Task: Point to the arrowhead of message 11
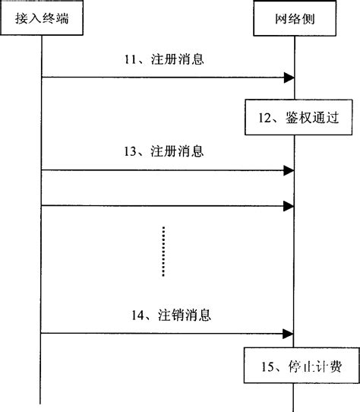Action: (289, 77)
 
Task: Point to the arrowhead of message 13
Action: (289, 171)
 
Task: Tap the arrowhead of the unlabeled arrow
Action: (289, 205)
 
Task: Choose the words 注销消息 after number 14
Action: (179, 313)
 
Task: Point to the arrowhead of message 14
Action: (289, 333)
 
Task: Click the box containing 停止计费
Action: (293, 366)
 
